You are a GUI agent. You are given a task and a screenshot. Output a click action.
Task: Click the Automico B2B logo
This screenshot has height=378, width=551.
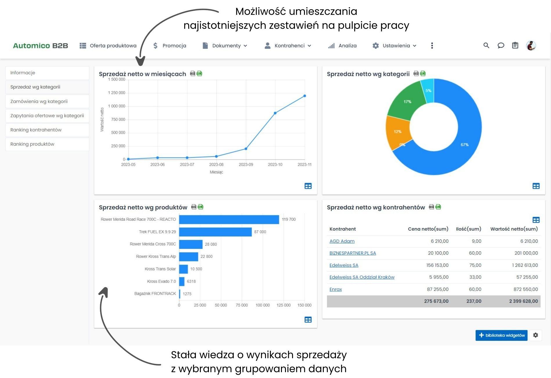click(x=40, y=46)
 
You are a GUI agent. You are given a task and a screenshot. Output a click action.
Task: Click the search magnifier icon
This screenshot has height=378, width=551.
click(x=486, y=45)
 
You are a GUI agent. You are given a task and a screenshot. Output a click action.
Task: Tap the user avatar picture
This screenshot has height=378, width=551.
click(x=531, y=45)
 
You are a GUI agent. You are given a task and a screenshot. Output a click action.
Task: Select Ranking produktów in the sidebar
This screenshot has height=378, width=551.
click(x=32, y=144)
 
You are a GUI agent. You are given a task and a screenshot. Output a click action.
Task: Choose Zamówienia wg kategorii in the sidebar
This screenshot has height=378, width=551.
click(x=39, y=101)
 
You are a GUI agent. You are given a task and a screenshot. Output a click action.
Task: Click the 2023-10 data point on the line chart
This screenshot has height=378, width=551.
click(x=275, y=113)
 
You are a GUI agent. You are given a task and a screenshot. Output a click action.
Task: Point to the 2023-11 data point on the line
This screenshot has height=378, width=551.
click(x=305, y=96)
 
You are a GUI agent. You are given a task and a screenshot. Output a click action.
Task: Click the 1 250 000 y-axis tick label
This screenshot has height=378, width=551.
click(x=117, y=93)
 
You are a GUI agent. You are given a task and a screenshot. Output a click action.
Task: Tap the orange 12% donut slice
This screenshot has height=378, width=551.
click(x=397, y=132)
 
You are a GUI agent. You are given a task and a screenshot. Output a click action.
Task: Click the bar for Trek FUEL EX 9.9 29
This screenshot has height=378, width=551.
click(x=215, y=232)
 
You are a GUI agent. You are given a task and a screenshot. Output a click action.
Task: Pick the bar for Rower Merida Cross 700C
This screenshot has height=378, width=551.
click(x=191, y=244)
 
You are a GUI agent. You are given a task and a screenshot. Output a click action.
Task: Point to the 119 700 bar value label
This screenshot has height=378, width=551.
click(x=289, y=220)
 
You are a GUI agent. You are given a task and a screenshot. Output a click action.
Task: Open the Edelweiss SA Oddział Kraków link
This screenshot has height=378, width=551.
click(x=362, y=277)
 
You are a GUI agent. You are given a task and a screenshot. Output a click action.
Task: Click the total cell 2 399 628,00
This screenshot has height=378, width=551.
click(x=523, y=301)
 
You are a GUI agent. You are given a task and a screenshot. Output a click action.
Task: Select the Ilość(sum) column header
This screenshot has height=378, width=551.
click(x=468, y=229)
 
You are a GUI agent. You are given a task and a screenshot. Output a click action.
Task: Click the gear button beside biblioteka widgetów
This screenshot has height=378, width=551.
click(x=535, y=335)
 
